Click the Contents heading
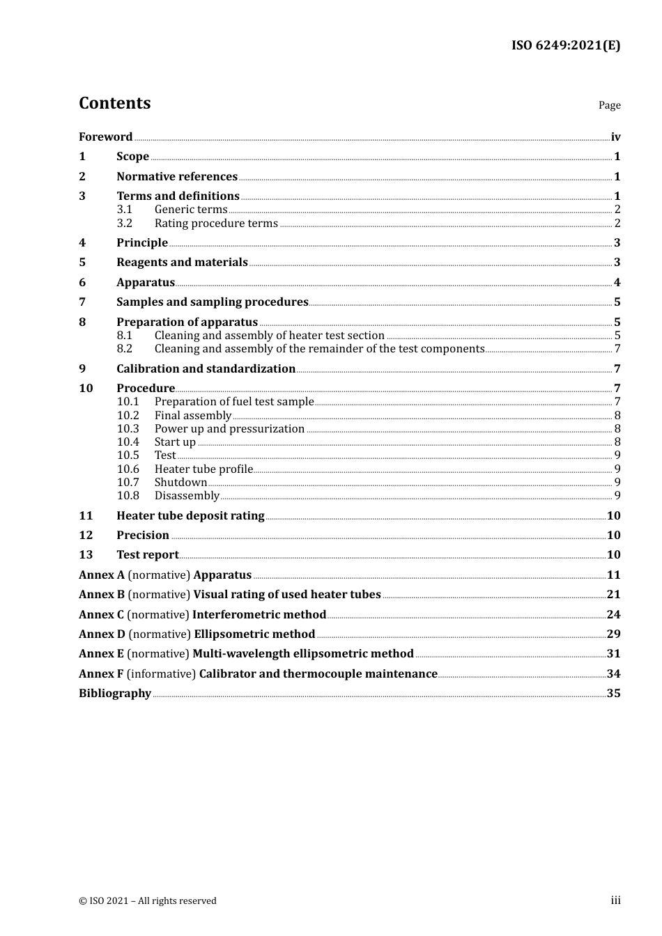(114, 103)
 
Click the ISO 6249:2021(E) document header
(565, 46)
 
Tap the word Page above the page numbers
(609, 105)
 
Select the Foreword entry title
(105, 137)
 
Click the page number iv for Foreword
(615, 137)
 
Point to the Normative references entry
(177, 177)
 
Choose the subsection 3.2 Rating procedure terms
(216, 224)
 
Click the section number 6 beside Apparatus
(82, 283)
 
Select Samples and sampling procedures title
(212, 302)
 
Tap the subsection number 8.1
(125, 336)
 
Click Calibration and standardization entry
(206, 369)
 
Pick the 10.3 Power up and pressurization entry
(229, 429)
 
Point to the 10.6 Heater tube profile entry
(203, 469)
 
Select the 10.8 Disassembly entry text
(187, 496)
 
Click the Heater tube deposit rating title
(190, 516)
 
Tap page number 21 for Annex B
(613, 595)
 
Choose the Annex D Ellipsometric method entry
(197, 634)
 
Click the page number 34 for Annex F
(613, 674)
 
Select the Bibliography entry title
(115, 694)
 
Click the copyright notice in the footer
(148, 901)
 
